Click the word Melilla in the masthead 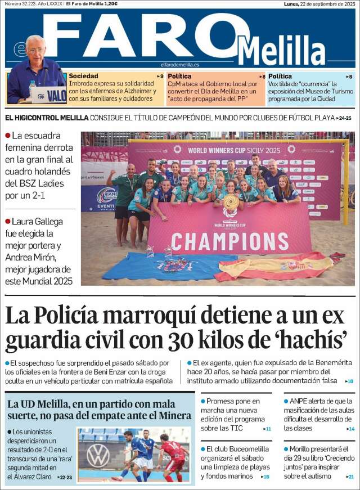tap(281, 51)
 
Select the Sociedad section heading tap(83, 76)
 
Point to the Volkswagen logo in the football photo tap(98, 455)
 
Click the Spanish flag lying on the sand tap(276, 266)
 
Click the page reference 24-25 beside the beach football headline tap(344, 118)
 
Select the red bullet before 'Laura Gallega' tap(7, 221)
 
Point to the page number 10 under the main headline tap(350, 381)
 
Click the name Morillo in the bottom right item tap(303, 449)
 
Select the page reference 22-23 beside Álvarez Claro tap(65, 477)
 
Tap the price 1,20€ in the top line tap(110, 4)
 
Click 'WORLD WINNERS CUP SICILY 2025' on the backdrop tap(233, 150)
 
